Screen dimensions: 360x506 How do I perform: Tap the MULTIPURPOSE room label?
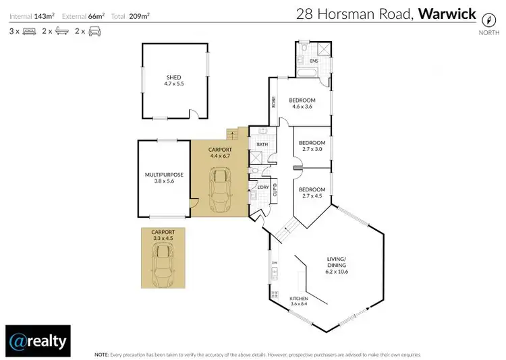(164, 175)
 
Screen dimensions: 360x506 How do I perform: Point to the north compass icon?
(484, 21)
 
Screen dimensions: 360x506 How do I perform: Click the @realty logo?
(37, 340)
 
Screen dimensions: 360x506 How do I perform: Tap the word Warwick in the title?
(447, 13)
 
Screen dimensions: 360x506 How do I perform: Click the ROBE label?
(274, 102)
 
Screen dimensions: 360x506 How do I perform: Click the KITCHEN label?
(299, 298)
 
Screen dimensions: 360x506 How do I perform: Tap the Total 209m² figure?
(141, 15)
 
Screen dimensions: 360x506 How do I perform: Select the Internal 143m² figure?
(31, 15)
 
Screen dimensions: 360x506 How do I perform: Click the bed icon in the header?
(29, 32)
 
